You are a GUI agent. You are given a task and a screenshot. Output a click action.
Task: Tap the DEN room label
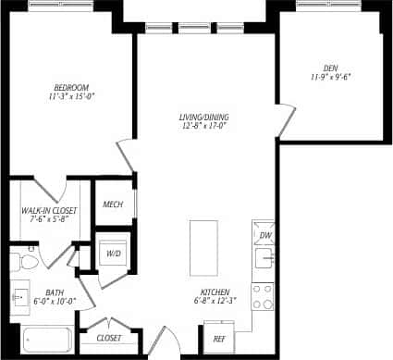tap(330, 68)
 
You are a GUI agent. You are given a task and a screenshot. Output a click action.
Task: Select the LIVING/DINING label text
tap(204, 118)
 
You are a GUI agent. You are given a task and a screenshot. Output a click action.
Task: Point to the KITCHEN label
tap(214, 289)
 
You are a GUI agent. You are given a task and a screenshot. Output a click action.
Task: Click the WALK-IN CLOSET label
tap(49, 211)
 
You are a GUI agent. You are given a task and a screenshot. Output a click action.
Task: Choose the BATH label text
tap(55, 293)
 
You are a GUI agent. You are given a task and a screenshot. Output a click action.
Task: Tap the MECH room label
tap(113, 205)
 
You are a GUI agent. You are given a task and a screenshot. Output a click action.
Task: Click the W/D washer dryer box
tap(115, 252)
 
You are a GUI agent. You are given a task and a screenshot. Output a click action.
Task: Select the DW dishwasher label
tap(264, 236)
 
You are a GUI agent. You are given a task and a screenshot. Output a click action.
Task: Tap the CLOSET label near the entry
tap(109, 338)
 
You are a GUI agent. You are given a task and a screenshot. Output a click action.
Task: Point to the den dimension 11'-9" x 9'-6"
tap(330, 77)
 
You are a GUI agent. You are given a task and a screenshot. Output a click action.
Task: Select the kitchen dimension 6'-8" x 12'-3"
tap(214, 299)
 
